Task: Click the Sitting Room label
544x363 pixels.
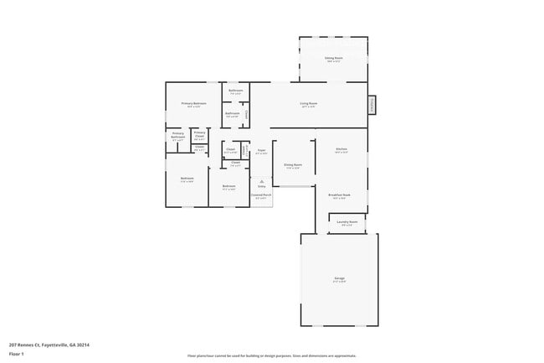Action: [x=333, y=59]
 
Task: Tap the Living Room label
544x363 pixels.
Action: [x=308, y=104]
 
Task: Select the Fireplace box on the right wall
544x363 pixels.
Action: [x=372, y=105]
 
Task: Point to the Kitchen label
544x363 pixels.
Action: [x=341, y=150]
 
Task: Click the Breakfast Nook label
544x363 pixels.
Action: [x=339, y=195]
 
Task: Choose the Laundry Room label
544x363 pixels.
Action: [x=347, y=222]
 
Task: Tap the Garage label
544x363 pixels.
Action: [x=340, y=278]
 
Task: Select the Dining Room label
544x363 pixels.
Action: [x=293, y=166]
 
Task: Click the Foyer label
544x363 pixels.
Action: [x=261, y=151]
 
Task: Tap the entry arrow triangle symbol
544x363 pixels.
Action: [x=261, y=180]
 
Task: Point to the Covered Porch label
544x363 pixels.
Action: [x=261, y=195]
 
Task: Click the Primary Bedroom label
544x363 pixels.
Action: [x=193, y=104]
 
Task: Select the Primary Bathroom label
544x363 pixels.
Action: [x=177, y=136]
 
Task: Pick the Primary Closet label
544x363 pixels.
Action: [x=199, y=135]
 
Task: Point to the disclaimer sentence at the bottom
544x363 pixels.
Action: [x=271, y=355]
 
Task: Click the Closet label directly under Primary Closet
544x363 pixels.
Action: [x=199, y=148]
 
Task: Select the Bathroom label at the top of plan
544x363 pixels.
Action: [x=236, y=91]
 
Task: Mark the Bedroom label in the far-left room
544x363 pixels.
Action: [x=187, y=178]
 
